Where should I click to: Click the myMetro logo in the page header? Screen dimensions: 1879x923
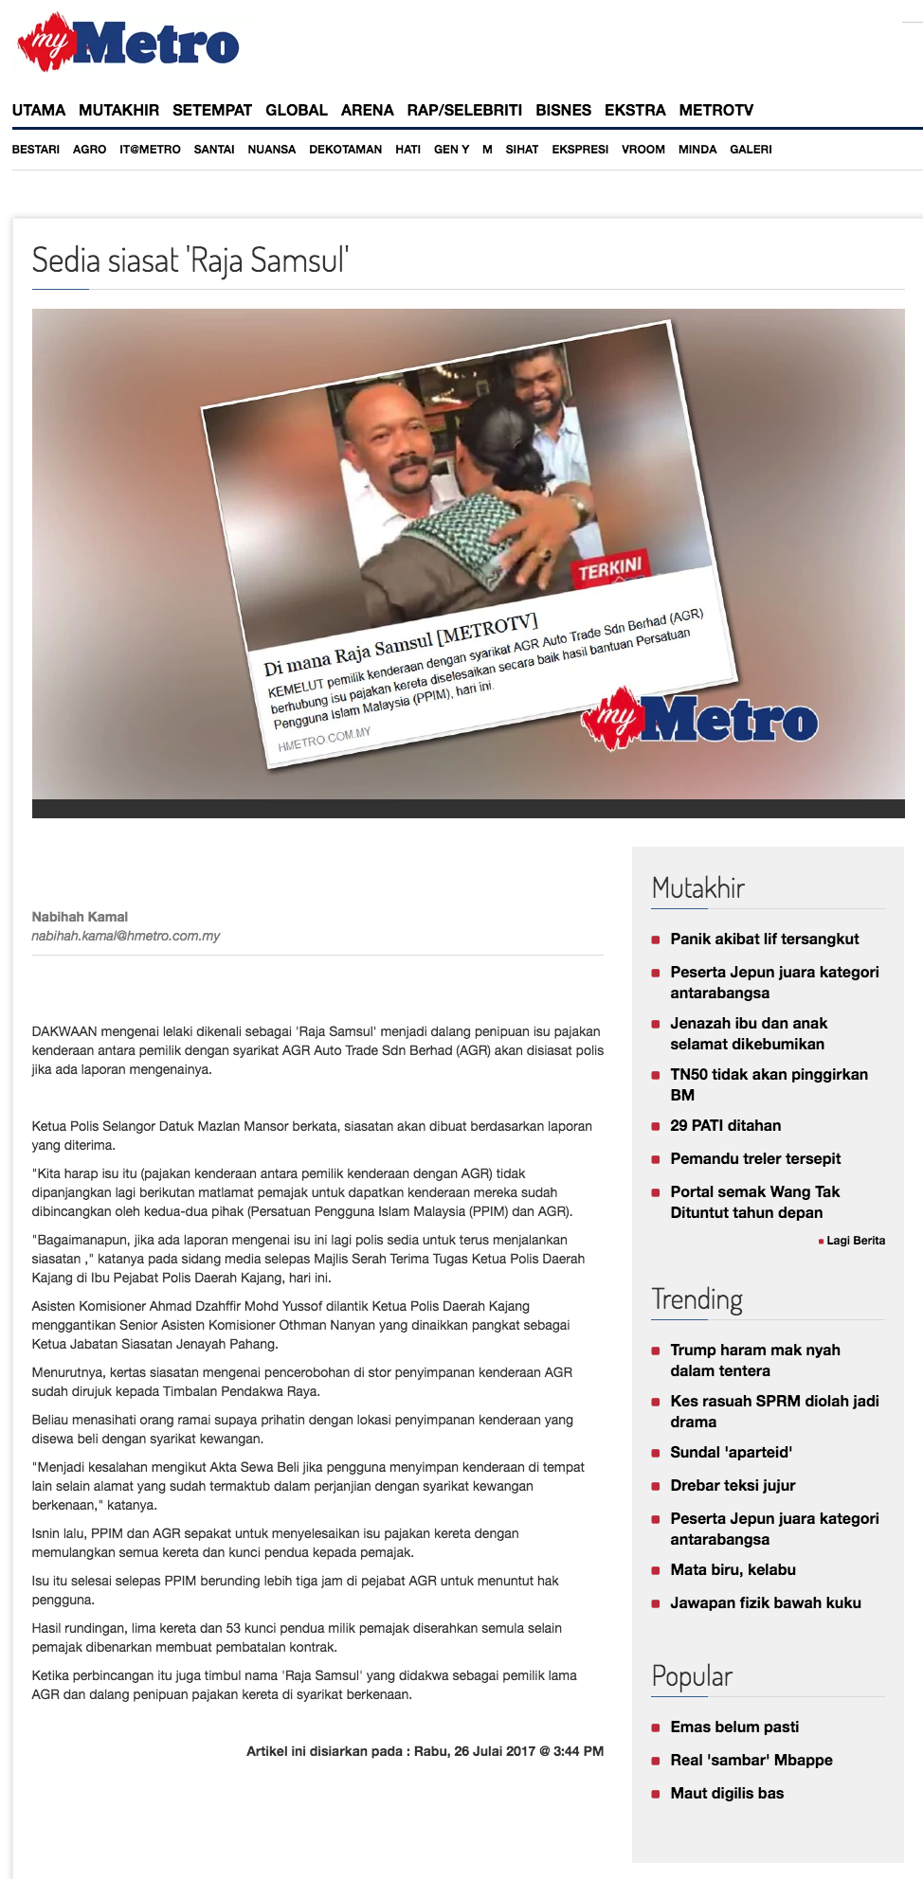click(x=128, y=43)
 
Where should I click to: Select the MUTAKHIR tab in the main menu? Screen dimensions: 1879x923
click(x=118, y=110)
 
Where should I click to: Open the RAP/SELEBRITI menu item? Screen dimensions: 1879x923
click(x=464, y=110)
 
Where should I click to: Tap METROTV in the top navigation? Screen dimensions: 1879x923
click(x=715, y=110)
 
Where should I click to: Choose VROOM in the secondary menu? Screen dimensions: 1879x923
click(x=642, y=150)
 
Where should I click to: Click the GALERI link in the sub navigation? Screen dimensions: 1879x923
click(x=751, y=150)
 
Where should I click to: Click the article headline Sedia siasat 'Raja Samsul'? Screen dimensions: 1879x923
click(x=190, y=259)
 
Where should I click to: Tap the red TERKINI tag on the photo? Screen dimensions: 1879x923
click(x=610, y=569)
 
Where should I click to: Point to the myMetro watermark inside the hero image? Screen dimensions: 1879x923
click(x=701, y=720)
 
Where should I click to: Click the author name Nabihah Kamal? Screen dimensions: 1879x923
click(x=80, y=917)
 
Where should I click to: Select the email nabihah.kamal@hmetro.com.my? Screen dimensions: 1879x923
click(x=125, y=936)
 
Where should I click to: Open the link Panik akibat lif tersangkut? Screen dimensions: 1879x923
click(x=764, y=939)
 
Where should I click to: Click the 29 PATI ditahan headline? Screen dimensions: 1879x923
click(x=725, y=1125)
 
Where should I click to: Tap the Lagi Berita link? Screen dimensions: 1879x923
click(x=855, y=1241)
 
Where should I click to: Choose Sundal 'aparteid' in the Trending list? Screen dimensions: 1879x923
click(x=731, y=1452)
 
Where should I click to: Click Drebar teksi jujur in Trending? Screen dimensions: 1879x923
click(x=733, y=1485)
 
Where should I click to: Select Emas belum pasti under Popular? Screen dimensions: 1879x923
click(x=734, y=1727)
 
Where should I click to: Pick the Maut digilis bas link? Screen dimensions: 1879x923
click(x=727, y=1793)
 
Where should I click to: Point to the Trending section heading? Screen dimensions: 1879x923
click(x=697, y=1299)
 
